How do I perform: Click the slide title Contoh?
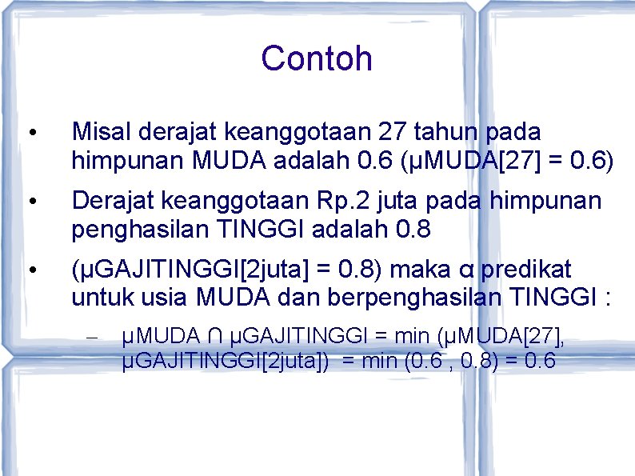pyautogui.click(x=317, y=58)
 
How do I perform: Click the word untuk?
pyautogui.click(x=94, y=298)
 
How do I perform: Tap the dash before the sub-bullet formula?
pyautogui.click(x=90, y=338)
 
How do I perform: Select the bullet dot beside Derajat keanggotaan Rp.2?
pyautogui.click(x=30, y=201)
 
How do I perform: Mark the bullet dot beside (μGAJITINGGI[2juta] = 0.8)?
pyautogui.click(x=30, y=270)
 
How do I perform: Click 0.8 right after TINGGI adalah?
pyautogui.click(x=413, y=230)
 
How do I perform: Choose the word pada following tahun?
pyautogui.click(x=513, y=131)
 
